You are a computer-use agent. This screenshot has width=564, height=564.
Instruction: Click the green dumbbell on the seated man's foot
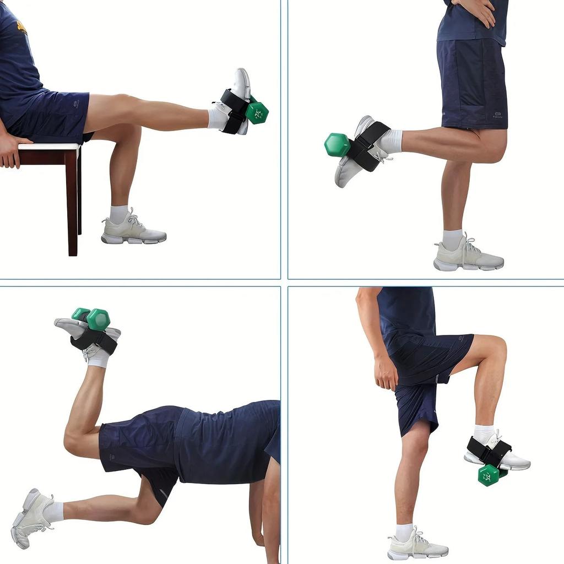257,112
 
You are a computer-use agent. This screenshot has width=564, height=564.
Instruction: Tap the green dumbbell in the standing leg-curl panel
337,145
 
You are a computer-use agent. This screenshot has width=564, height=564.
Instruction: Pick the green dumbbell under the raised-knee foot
489,474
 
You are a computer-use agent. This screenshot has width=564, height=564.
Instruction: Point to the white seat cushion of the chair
50,147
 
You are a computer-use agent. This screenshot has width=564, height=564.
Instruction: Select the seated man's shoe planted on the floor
133,229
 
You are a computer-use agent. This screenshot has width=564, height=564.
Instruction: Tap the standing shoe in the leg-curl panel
468,257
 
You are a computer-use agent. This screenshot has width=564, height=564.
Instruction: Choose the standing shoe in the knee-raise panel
417,546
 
